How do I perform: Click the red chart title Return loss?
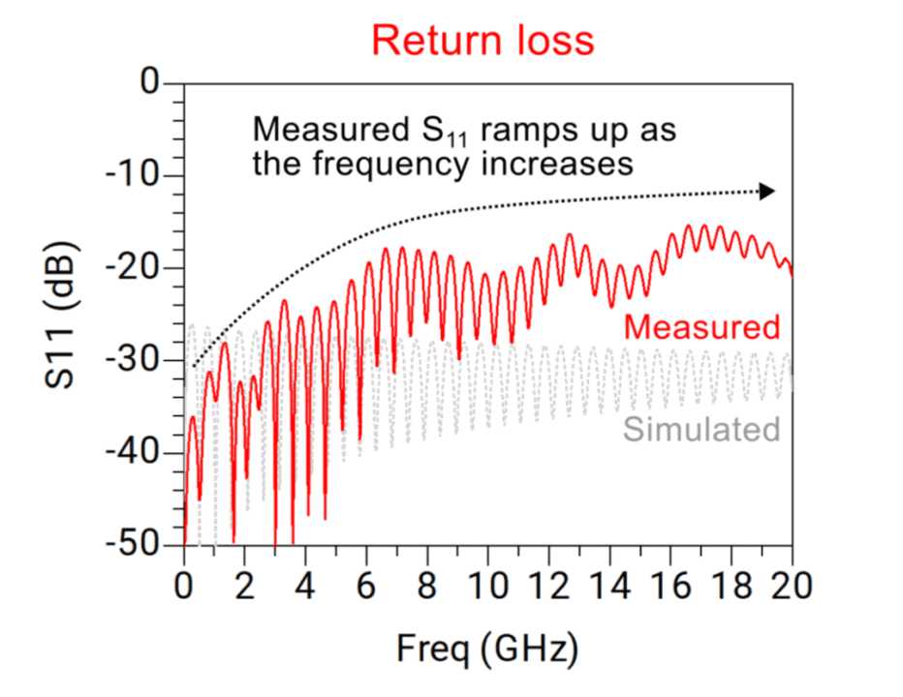point(482,41)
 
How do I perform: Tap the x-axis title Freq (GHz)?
point(487,648)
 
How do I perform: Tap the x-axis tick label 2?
point(245,586)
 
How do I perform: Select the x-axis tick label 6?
point(366,586)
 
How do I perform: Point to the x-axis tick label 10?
point(488,586)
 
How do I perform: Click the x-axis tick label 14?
point(610,586)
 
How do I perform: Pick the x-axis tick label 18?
point(732,586)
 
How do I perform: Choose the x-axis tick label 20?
point(793,586)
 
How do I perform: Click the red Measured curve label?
point(701,327)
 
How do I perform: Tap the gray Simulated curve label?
point(701,428)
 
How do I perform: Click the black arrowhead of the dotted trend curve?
point(767,192)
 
